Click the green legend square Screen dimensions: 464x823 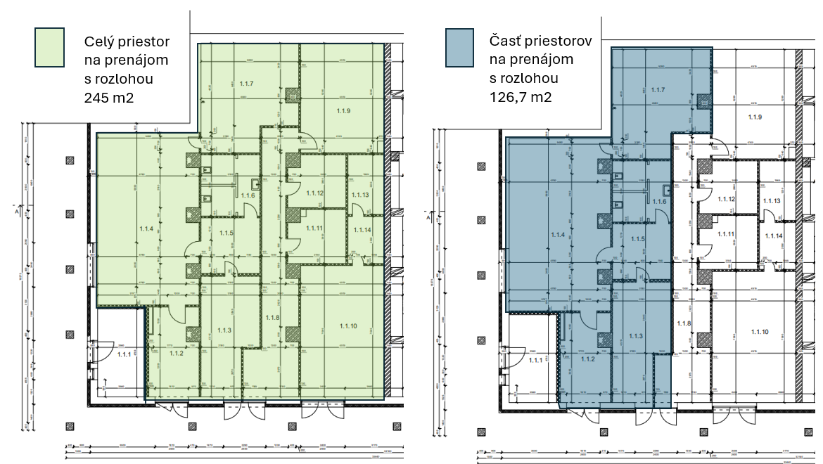point(49,48)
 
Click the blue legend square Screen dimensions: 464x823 point(459,48)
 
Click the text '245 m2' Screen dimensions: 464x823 point(109,97)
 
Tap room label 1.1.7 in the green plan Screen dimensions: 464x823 point(246,84)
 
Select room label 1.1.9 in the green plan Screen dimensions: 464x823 point(343,111)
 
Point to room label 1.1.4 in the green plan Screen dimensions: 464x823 point(146,228)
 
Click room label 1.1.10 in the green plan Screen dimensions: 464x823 point(348,325)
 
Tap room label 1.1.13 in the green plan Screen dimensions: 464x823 point(360,194)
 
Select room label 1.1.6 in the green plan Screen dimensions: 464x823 point(248,195)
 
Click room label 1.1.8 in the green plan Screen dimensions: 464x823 point(272,318)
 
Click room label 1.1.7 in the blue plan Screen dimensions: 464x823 point(658,90)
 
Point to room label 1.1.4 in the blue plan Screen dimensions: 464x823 point(559,235)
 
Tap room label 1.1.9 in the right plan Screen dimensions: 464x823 point(755,117)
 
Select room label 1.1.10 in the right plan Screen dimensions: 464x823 point(760,332)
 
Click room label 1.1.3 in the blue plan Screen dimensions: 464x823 point(637,335)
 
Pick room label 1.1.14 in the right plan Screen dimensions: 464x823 point(774,236)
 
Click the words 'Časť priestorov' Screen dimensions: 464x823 point(540,41)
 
